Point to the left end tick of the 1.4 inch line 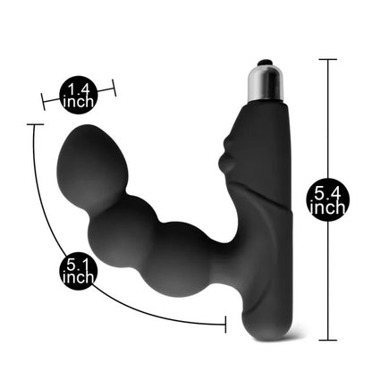pos(43,98)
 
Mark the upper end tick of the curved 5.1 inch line pos(34,126)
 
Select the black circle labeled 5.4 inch pos(328,199)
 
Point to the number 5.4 pos(328,190)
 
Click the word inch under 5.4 pos(328,207)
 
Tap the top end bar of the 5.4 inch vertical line pos(328,60)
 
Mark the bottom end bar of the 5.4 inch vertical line pos(328,339)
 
